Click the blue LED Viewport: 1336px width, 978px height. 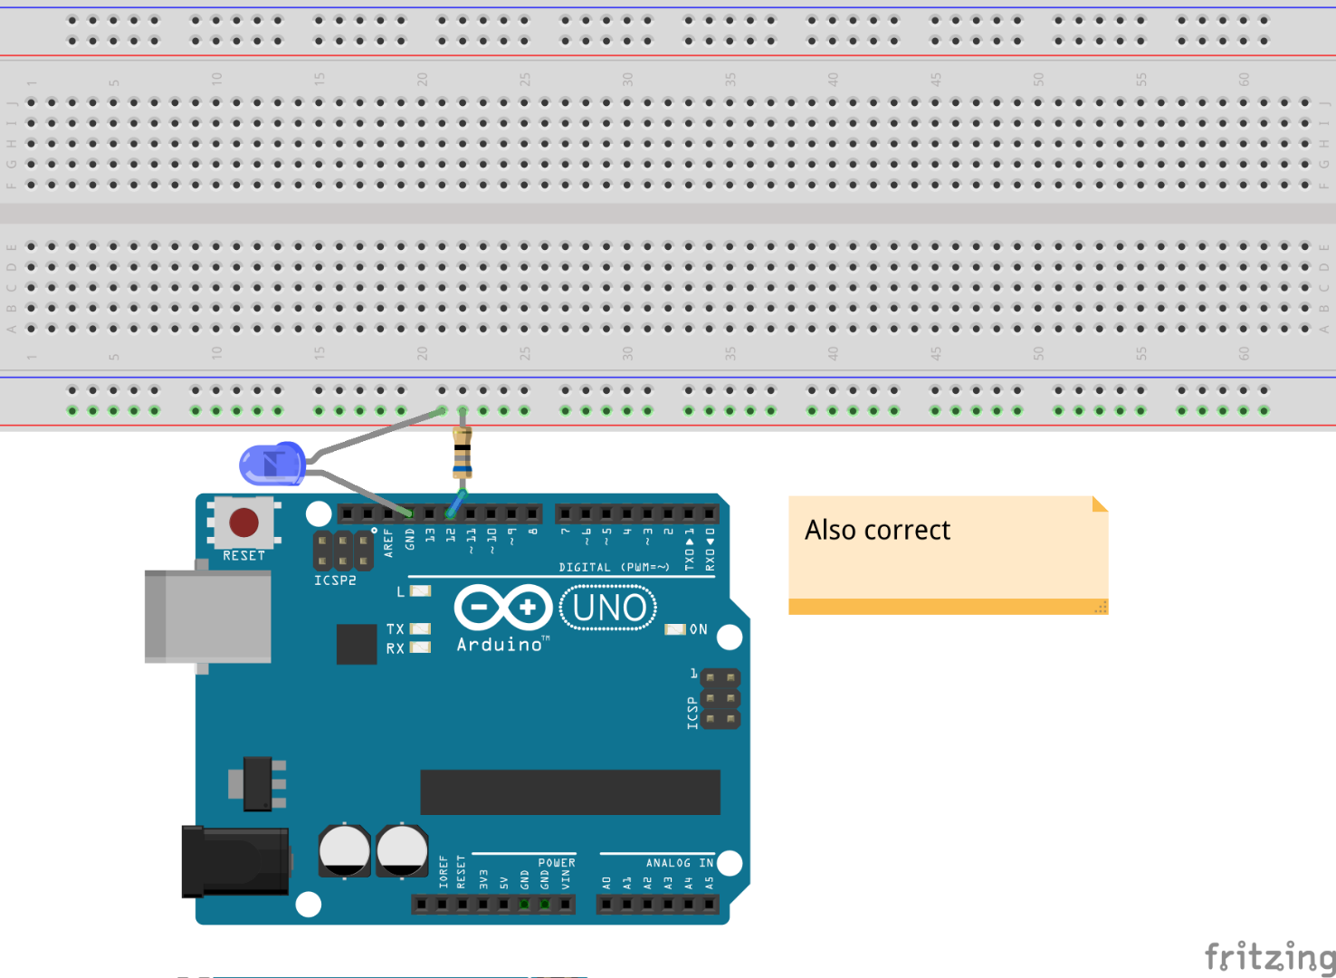[271, 465]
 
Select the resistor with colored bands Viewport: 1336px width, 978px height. [463, 455]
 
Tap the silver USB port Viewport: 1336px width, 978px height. [208, 617]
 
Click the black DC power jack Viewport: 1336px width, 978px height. [235, 861]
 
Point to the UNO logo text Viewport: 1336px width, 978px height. [609, 608]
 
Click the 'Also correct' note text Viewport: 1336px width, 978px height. [877, 530]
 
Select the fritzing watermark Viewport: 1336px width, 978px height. [1269, 956]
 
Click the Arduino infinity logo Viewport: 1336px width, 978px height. [503, 608]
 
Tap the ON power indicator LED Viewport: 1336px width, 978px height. [674, 629]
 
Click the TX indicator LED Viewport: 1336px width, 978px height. [420, 628]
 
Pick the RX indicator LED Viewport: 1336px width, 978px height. [420, 647]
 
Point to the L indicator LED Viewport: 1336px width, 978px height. [420, 591]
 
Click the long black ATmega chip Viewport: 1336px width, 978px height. [570, 792]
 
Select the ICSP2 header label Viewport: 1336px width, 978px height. [335, 580]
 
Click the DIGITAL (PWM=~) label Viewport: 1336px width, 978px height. [614, 568]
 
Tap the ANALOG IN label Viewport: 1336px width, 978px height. [679, 863]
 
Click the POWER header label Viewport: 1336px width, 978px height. [556, 863]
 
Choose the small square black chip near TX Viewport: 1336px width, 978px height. [357, 644]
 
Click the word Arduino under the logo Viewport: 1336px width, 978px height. [500, 645]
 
